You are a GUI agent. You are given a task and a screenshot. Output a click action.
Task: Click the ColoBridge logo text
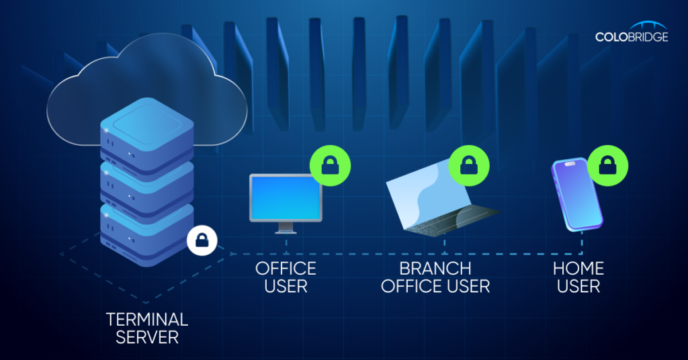[x=631, y=37]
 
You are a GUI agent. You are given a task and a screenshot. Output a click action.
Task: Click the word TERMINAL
[x=147, y=318]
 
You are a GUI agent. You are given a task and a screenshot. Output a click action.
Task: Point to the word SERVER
[x=147, y=336]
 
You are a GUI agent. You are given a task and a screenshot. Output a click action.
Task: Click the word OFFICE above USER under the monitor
[x=286, y=269]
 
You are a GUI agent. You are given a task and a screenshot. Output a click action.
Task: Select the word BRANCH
[x=435, y=269]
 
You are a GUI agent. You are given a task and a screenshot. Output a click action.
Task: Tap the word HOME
[x=578, y=269]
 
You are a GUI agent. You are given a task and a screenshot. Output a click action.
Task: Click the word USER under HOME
[x=578, y=286]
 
